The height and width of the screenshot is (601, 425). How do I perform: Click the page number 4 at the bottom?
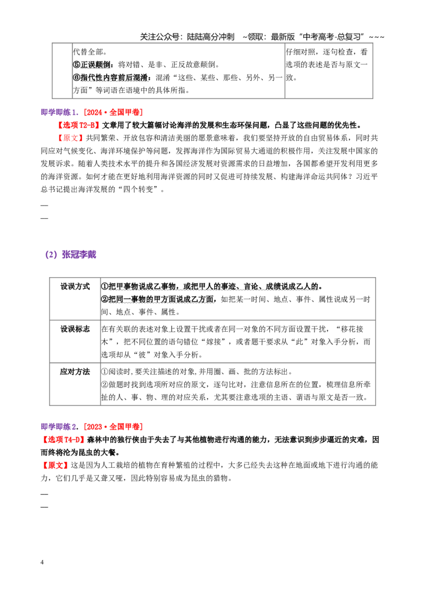tap(42, 562)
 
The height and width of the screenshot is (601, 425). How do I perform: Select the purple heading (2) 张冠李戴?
tap(71, 254)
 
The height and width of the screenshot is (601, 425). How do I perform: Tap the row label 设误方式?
tap(75, 286)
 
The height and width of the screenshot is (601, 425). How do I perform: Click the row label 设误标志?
tap(75, 329)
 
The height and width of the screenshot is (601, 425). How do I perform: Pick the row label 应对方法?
tap(75, 372)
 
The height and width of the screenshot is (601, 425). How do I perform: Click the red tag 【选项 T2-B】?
tap(78, 125)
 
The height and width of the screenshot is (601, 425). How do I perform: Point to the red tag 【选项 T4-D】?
tap(63, 439)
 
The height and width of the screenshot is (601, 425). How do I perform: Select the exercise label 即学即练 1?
tap(59, 113)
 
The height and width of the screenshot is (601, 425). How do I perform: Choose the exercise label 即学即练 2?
tap(59, 427)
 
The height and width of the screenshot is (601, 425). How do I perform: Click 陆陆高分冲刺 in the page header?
tap(210, 37)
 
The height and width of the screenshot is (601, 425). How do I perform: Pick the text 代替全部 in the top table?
tap(88, 51)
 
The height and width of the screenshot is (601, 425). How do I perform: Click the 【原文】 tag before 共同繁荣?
tap(71, 138)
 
